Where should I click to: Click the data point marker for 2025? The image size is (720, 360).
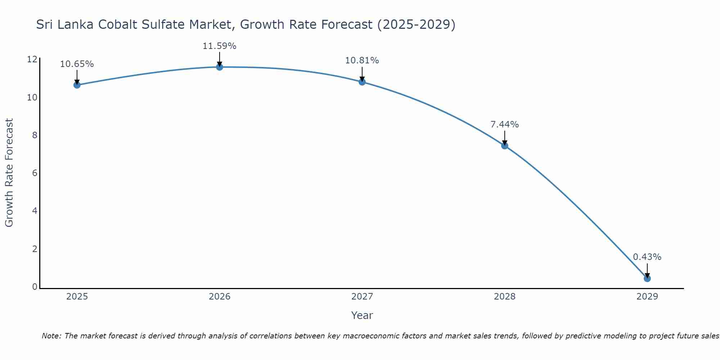click(77, 85)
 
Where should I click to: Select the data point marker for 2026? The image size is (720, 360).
click(219, 67)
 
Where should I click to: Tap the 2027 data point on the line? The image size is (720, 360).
click(362, 82)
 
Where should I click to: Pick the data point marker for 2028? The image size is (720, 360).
click(504, 146)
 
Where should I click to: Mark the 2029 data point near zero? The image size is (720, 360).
click(647, 279)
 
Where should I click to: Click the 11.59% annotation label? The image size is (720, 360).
click(219, 46)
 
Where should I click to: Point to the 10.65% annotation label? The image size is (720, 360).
click(77, 64)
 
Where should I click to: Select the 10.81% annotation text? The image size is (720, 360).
click(362, 60)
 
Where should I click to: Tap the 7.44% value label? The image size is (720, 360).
click(504, 125)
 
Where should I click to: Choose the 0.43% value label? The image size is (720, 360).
click(647, 257)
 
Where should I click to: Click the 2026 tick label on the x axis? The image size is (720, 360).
click(220, 297)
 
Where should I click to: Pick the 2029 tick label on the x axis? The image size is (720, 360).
click(647, 297)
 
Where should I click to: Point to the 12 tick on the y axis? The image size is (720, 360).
click(32, 59)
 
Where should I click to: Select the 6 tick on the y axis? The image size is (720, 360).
click(35, 173)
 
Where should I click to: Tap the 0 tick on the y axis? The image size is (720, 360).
click(35, 287)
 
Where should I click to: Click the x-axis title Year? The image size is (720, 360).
click(362, 315)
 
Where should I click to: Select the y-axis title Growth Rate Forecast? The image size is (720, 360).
click(9, 173)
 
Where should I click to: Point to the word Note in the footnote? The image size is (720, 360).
click(51, 336)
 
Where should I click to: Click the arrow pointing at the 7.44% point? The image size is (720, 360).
click(504, 138)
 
